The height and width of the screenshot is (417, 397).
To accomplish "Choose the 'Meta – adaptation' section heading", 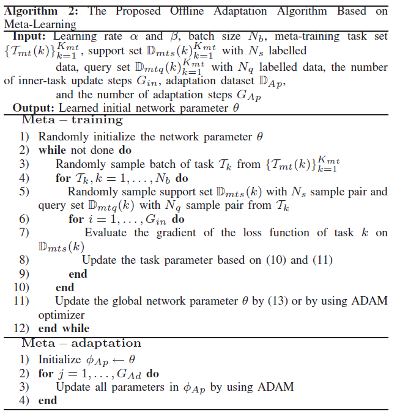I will point(81,343).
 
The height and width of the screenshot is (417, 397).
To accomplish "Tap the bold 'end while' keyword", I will point(64,328).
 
